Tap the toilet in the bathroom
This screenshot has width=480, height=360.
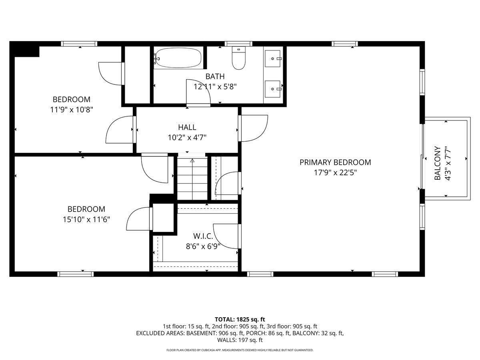[x=239, y=59]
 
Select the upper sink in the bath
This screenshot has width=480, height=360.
[x=274, y=58]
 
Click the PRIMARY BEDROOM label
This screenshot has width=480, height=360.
[x=335, y=162]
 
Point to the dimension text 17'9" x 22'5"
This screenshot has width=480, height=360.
[x=335, y=173]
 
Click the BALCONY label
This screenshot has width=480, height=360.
[x=438, y=163]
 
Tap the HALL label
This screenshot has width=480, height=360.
[x=187, y=128]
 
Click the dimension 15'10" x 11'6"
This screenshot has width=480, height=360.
[x=84, y=219]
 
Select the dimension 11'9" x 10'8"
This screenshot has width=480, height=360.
[x=72, y=110]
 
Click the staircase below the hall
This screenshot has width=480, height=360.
[x=192, y=178]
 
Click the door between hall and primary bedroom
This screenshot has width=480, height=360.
[x=253, y=128]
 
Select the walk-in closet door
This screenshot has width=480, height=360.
[x=227, y=236]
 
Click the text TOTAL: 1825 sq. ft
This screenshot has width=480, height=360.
[x=240, y=319]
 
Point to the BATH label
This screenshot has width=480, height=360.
[x=215, y=76]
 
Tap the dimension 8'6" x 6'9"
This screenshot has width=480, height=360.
[x=203, y=246]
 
